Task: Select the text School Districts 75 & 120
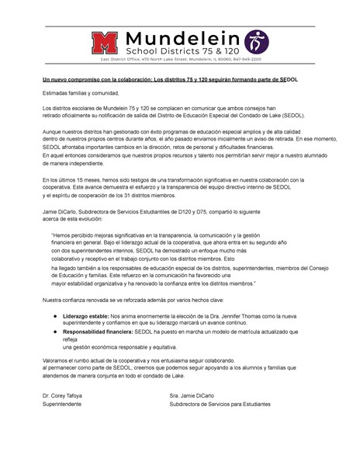[x=181, y=50]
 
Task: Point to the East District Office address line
[x=179, y=59]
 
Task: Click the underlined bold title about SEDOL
[x=170, y=79]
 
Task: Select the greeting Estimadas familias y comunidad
[x=82, y=92]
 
